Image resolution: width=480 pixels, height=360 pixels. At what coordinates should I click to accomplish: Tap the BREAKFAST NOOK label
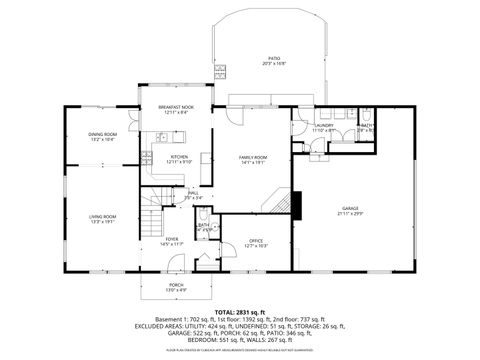pyautogui.click(x=176, y=107)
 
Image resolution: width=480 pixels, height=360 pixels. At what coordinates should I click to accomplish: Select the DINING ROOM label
pyautogui.click(x=102, y=134)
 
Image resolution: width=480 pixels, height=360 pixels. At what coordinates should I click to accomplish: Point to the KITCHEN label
pyautogui.click(x=179, y=157)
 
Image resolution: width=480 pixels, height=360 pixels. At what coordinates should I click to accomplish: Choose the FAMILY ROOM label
pyautogui.click(x=252, y=157)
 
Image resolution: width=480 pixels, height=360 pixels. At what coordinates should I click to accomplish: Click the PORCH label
pyautogui.click(x=176, y=285)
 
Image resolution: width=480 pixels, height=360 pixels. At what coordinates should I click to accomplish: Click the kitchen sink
pyautogui.click(x=160, y=137)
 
